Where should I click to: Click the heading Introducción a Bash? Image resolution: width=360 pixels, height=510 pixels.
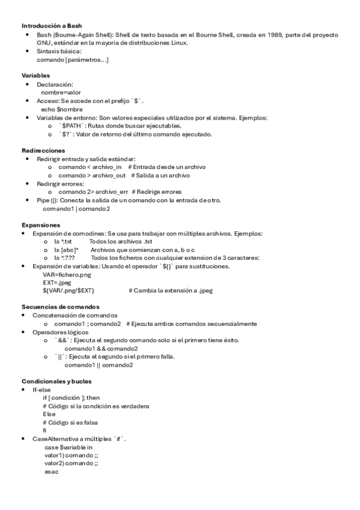tap(52, 26)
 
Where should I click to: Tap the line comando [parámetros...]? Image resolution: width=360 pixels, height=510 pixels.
tap(73, 60)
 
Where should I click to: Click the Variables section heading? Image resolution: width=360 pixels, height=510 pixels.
tap(36, 76)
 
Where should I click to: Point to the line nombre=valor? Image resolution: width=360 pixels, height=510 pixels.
tap(61, 93)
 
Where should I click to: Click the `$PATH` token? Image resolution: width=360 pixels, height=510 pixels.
tap(72, 126)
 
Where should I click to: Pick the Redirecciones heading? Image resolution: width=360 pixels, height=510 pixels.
tap(43, 150)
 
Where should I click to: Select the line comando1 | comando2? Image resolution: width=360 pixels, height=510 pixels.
tap(76, 208)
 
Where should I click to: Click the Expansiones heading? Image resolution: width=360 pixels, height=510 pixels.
tap(41, 225)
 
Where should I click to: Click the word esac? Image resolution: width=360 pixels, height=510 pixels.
tap(51, 472)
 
